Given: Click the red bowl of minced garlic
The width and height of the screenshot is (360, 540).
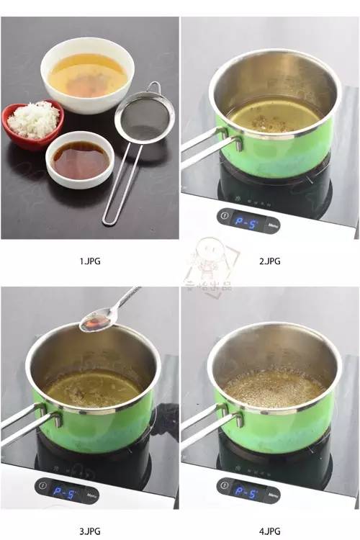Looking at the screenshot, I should click(x=32, y=124).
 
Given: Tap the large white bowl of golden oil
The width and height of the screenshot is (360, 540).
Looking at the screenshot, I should click(x=87, y=74).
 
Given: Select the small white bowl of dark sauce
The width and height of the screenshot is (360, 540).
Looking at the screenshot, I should click(x=79, y=158).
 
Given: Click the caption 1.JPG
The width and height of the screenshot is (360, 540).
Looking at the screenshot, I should click(x=89, y=261).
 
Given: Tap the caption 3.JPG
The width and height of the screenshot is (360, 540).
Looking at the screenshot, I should click(x=89, y=531).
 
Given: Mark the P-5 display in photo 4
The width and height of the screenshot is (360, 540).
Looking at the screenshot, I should click(x=246, y=493).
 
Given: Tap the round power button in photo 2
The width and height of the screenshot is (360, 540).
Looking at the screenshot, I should click(x=225, y=215).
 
